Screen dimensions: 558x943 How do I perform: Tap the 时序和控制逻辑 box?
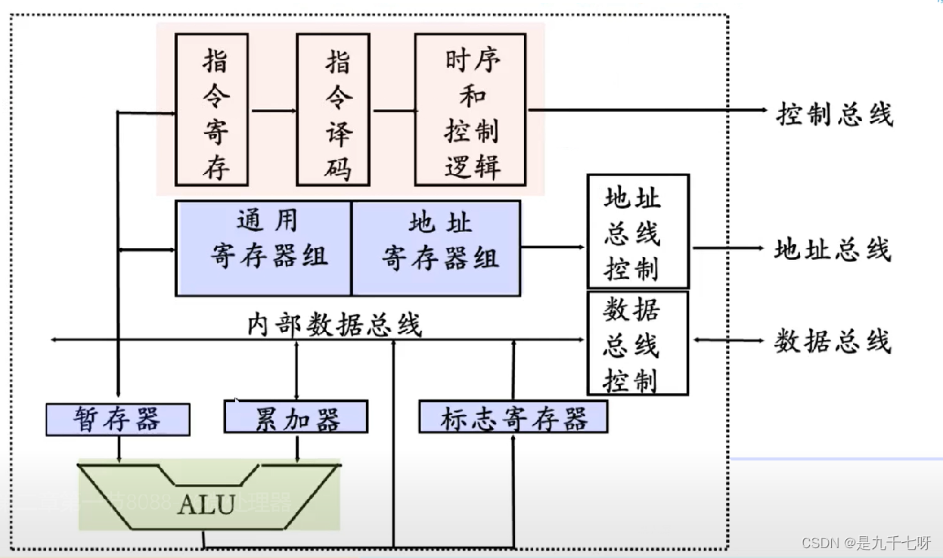click(470, 110)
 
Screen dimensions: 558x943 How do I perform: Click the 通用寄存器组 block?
click(263, 247)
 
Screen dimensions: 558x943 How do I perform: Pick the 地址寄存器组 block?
click(436, 247)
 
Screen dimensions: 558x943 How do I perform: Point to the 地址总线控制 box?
click(637, 231)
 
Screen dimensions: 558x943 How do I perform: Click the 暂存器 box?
click(117, 419)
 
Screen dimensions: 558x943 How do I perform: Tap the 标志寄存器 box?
click(513, 417)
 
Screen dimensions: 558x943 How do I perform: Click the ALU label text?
click(206, 504)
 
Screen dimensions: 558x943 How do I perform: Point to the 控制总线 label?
click(834, 114)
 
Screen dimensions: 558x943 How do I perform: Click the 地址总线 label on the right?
click(833, 249)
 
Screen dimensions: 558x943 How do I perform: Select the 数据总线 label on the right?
click(833, 341)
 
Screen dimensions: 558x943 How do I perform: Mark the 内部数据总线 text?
click(334, 325)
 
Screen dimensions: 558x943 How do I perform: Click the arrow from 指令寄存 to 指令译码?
click(274, 110)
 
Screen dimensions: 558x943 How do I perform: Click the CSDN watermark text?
click(866, 542)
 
